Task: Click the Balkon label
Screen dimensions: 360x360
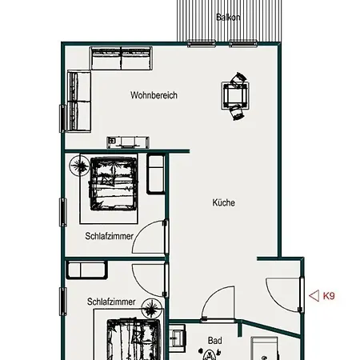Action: pos(228,18)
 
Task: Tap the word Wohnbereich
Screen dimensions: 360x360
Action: pos(154,95)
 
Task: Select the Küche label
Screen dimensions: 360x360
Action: pos(223,202)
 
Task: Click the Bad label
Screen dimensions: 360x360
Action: pos(215,341)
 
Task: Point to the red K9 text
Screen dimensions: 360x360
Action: pos(329,296)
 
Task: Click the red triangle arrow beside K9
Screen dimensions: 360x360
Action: pos(314,296)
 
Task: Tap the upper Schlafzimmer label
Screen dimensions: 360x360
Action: pos(109,236)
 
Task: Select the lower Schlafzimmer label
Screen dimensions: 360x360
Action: pos(111,302)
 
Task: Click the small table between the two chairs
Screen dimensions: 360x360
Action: pos(235,95)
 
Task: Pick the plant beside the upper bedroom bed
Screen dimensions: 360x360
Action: pos(79,166)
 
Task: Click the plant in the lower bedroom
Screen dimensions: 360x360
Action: pos(152,308)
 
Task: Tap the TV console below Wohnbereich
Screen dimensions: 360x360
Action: pos(128,142)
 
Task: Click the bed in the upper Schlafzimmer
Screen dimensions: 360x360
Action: pos(113,184)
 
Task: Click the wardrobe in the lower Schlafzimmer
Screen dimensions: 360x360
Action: pos(86,270)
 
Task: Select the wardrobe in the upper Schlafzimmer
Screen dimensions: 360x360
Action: pos(155,174)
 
